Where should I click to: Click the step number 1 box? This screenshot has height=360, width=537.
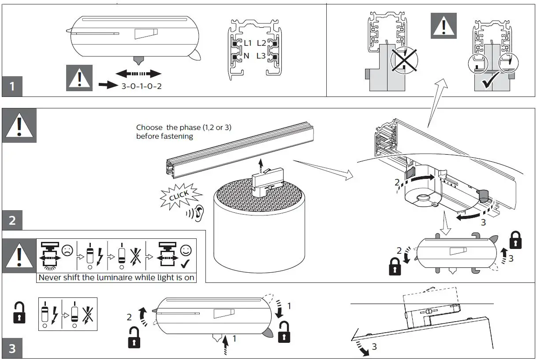(12, 86)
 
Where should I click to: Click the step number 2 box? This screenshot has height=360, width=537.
(12, 220)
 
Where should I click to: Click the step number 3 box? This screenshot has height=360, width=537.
(12, 349)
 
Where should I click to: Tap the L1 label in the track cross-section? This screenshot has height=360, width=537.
(247, 43)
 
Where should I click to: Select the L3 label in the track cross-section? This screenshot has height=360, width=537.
(261, 56)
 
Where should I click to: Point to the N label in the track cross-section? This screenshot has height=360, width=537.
(246, 56)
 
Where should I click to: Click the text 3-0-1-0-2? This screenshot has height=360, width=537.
(142, 86)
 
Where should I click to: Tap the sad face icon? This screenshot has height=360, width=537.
(67, 251)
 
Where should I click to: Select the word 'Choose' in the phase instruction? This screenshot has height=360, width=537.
(149, 127)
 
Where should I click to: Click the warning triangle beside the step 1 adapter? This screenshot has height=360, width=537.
(79, 78)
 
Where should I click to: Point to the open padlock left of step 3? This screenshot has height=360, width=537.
(19, 312)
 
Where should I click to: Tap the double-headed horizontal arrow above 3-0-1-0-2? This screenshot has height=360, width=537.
(138, 74)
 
